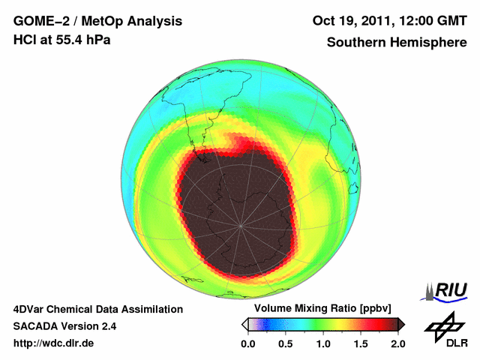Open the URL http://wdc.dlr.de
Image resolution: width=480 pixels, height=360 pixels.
click(x=54, y=343)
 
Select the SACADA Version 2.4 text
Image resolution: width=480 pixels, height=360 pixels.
click(x=64, y=326)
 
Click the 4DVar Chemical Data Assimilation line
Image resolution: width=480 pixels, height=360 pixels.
click(x=98, y=309)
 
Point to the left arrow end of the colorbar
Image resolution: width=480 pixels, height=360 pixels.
click(x=244, y=324)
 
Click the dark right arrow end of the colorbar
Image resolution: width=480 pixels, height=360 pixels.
click(x=401, y=324)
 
